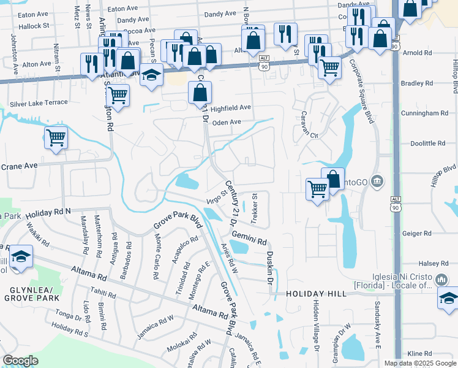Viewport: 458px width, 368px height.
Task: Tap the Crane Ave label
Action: [19, 166]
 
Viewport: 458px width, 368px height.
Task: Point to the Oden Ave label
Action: [227, 122]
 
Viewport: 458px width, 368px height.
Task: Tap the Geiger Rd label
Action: [417, 233]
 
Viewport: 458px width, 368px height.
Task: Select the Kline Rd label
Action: [419, 354]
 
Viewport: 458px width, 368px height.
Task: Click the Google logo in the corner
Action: [20, 360]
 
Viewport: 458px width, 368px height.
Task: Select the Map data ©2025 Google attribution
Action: [419, 363]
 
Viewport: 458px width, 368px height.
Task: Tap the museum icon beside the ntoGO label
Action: [377, 182]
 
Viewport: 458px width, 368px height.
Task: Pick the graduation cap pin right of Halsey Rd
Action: [448, 299]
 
